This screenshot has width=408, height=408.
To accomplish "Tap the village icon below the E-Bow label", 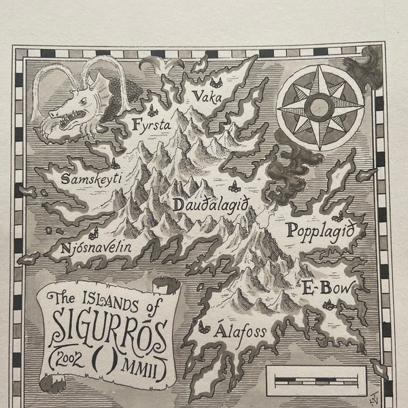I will (x=330, y=305).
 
